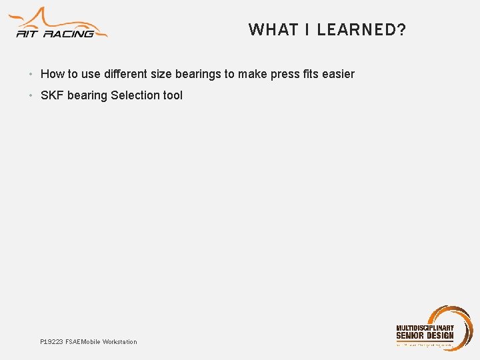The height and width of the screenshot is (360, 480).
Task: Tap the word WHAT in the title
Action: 265,30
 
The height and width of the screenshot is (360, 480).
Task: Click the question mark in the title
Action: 401,30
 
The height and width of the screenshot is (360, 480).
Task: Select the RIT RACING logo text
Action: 55,33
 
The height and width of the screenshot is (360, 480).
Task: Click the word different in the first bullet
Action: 126,74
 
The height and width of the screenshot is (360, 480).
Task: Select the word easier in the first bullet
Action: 338,74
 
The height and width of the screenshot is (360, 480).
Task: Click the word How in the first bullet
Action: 52,74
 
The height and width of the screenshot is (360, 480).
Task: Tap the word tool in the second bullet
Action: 173,95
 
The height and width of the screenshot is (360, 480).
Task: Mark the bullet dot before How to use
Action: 31,74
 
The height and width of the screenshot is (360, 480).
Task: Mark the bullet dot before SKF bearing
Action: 31,95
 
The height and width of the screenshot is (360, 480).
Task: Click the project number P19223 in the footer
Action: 51,342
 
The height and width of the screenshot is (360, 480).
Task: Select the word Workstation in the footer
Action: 120,342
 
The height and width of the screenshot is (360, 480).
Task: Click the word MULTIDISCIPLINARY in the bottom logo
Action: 425,328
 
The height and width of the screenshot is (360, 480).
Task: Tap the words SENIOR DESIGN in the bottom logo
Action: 425,336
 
